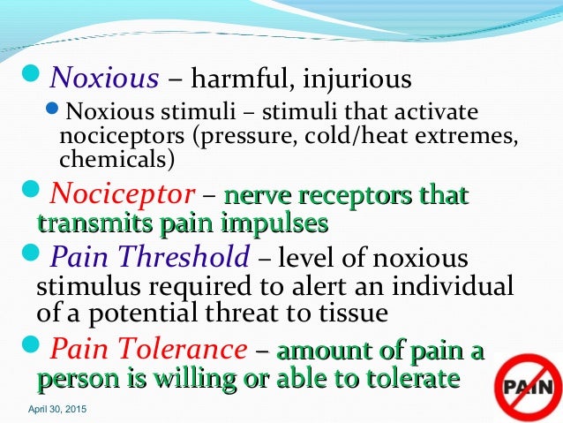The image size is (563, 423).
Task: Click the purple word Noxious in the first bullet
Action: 104,79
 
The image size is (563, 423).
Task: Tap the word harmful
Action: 236,79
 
